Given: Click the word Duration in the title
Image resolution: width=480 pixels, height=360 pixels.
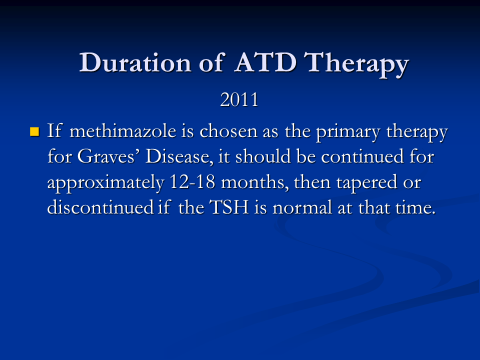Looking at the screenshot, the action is point(135,63).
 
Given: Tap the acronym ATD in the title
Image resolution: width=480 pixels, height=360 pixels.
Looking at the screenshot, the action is point(265,62).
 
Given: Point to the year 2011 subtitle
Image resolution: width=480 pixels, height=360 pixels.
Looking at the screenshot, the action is point(239,99).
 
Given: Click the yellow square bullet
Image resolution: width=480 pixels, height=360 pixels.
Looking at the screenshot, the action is point(34,131).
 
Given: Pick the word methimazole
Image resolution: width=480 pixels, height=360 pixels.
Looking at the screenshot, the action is point(123,131).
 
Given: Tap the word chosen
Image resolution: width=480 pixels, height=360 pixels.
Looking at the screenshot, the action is point(228,131).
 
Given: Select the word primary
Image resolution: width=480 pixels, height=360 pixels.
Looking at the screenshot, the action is point(348,133).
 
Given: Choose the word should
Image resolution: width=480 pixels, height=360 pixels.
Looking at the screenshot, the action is point(262,156).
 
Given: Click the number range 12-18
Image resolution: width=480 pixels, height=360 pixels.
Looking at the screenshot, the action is point(192,182).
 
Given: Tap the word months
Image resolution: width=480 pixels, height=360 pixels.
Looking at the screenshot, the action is point(254,182).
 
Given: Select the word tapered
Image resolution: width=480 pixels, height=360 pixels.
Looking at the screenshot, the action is point(366,183).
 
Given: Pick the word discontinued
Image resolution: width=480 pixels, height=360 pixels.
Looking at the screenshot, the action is point(100,207).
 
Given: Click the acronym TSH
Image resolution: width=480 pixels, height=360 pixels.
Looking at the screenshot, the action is point(229,207).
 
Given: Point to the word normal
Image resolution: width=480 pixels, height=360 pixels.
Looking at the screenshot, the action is point(302,207).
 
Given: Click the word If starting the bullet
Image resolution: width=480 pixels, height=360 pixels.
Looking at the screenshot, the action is point(54,130).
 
